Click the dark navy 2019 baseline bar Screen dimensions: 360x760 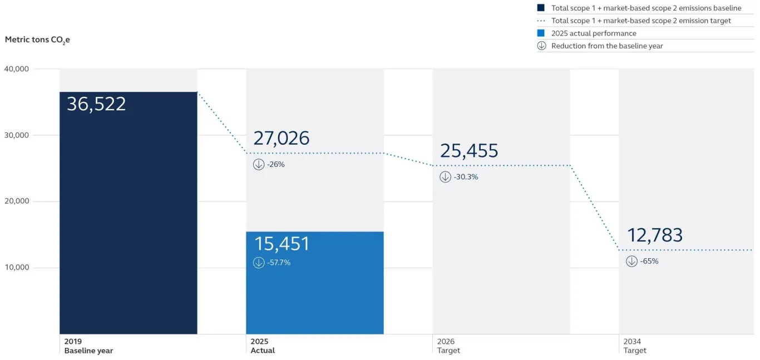pyautogui.click(x=128, y=223)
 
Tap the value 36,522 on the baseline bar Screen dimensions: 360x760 pyautogui.click(x=96, y=104)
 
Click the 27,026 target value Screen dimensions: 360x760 pyautogui.click(x=281, y=138)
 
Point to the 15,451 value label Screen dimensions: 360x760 pyautogui.click(x=282, y=244)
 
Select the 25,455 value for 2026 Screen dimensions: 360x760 pyautogui.click(x=468, y=151)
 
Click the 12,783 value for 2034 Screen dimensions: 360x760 pyautogui.click(x=654, y=235)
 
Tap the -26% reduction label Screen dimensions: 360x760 pyautogui.click(x=276, y=165)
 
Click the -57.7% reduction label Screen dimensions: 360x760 pyautogui.click(x=279, y=263)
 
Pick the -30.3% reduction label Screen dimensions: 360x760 pyautogui.click(x=466, y=177)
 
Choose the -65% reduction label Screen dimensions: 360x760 pyautogui.click(x=649, y=262)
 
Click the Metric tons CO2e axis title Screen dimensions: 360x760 pyautogui.click(x=37, y=40)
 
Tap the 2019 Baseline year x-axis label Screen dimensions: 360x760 pyautogui.click(x=88, y=346)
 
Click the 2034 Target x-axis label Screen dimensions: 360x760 pyautogui.click(x=635, y=346)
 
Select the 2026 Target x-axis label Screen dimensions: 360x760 pyautogui.click(x=448, y=346)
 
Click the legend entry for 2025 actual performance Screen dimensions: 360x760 pyautogui.click(x=593, y=33)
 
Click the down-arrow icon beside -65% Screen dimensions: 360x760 pyautogui.click(x=631, y=262)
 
